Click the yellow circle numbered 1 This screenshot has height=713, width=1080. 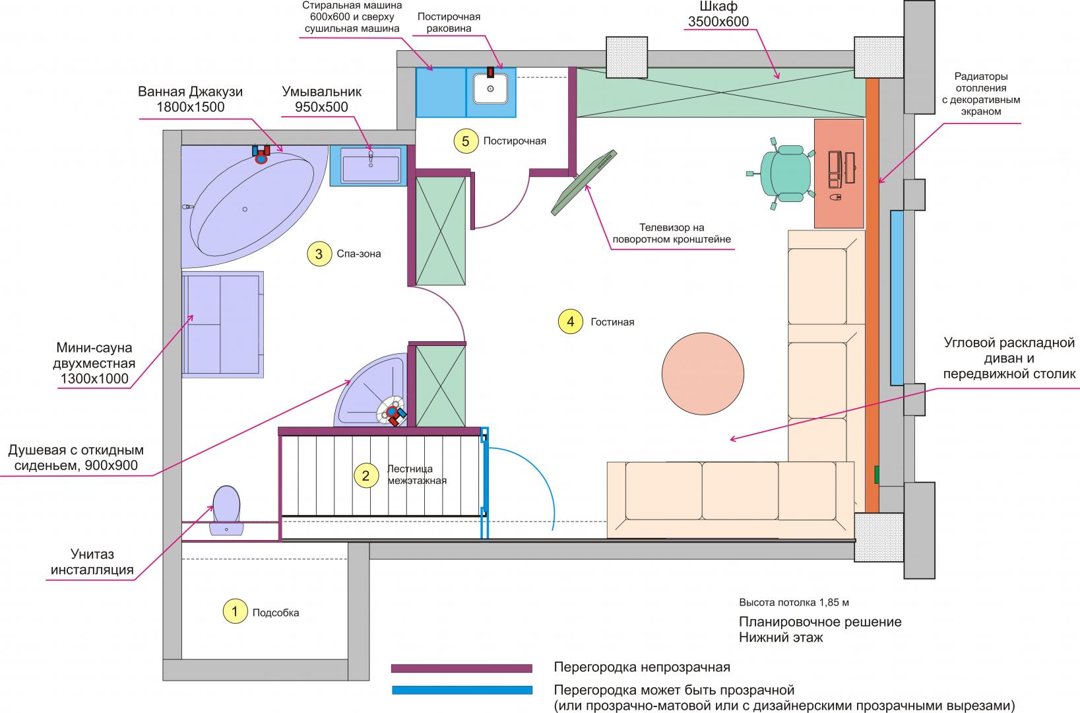(235, 611)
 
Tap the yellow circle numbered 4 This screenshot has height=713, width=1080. (570, 322)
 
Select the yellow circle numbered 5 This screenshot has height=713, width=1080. (465, 141)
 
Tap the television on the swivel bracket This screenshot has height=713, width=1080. (585, 182)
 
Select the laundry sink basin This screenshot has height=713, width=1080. (490, 89)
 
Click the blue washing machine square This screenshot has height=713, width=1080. (441, 92)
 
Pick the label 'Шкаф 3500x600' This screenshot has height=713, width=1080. (718, 14)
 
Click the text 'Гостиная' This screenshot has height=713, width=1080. (612, 322)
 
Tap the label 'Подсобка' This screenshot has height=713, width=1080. (276, 613)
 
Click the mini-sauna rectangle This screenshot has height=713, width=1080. (223, 323)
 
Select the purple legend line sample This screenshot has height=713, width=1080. (461, 668)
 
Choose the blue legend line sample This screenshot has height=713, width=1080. (461, 690)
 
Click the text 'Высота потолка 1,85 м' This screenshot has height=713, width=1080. (793, 603)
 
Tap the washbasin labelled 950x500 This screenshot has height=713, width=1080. (370, 165)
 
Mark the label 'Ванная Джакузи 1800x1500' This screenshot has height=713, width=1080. (190, 99)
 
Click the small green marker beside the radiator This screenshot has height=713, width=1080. (876, 474)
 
